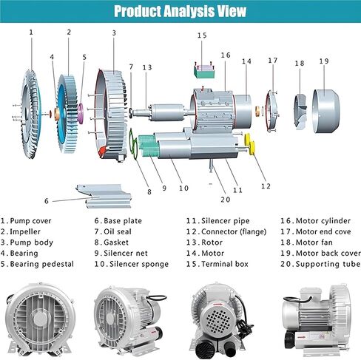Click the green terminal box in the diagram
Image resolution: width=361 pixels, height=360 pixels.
coord(204,71)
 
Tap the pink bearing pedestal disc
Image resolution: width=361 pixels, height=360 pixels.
coord(81,113)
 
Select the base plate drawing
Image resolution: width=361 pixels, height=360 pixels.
coord(104,196)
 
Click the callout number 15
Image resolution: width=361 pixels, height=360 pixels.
coord(202,35)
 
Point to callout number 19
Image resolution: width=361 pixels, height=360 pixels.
coord(324,61)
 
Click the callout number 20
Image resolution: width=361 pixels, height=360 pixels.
coord(226,200)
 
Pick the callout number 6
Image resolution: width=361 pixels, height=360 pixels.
coord(47,201)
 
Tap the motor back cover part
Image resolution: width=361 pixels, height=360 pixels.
coord(326,111)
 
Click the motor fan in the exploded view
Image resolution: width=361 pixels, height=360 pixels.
coord(300,112)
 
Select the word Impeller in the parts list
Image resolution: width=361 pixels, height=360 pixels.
coord(25,232)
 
